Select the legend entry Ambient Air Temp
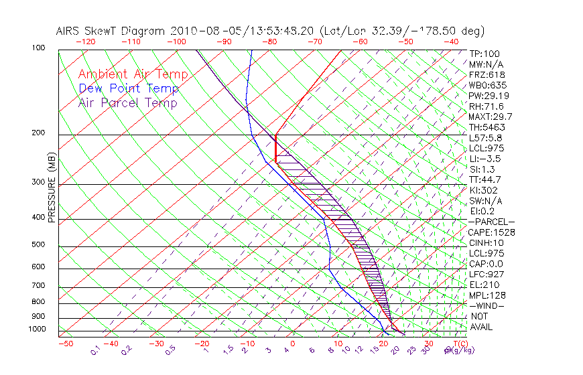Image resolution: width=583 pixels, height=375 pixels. coord(133,74)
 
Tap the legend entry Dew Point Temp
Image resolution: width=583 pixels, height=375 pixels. coord(129,88)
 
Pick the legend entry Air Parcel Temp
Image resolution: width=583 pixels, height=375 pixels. coord(127,102)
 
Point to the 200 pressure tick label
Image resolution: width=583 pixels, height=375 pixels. coord(38,133)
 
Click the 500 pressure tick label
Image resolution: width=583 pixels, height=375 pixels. coord(38,245)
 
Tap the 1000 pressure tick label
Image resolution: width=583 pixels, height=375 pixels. coord(36,329)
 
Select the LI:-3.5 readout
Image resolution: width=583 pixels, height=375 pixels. coord(485,159)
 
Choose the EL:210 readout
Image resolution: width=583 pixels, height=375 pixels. coord(484,285)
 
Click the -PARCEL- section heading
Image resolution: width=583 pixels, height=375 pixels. coord(491,222)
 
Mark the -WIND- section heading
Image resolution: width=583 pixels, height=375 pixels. coord(488,305)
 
